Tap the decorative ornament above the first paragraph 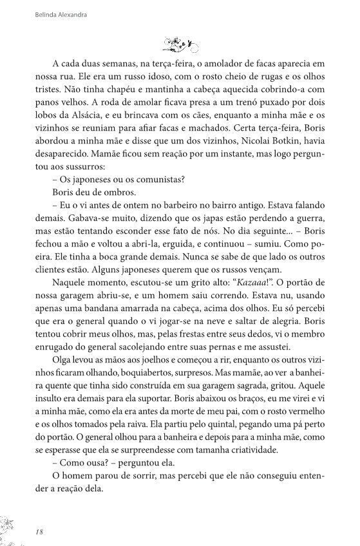coord(180,44)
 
